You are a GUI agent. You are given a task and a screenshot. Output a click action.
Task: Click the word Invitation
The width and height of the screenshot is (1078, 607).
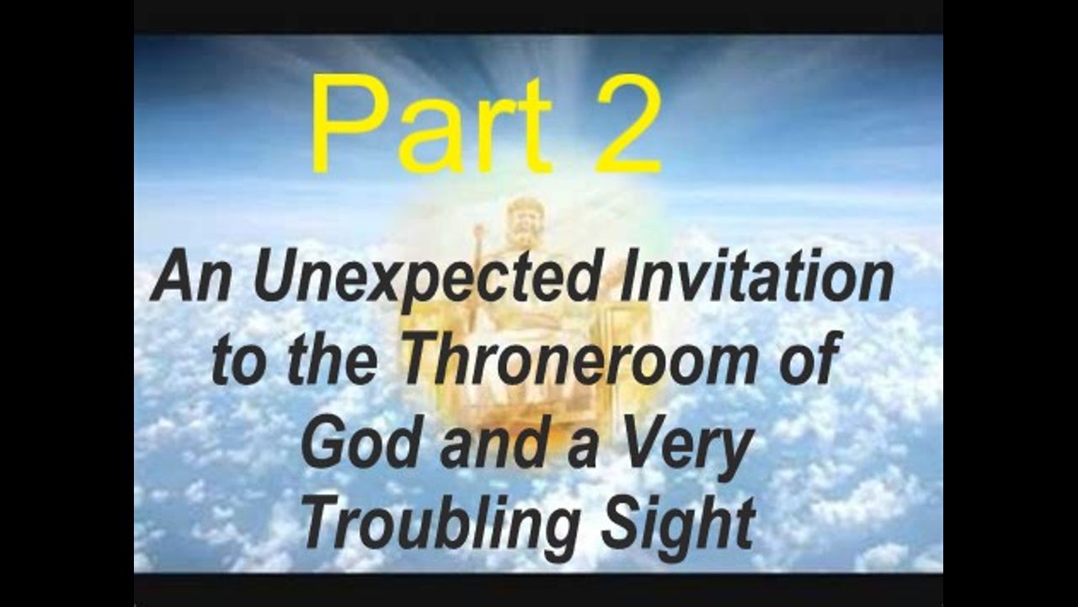[756, 275]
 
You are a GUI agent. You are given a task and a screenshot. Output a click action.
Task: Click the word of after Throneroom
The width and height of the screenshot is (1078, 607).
[808, 358]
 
